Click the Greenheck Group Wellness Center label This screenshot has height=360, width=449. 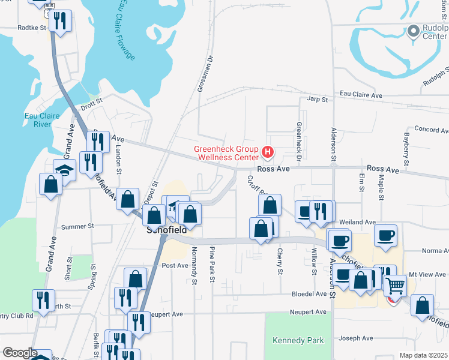click(225, 154)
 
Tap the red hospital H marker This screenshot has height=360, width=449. click(268, 153)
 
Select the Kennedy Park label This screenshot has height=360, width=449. click(298, 340)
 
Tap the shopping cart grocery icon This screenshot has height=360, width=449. click(395, 286)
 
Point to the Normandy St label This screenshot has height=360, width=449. click(194, 265)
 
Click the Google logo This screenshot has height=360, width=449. click(20, 353)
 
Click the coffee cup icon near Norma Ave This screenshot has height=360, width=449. click(385, 235)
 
